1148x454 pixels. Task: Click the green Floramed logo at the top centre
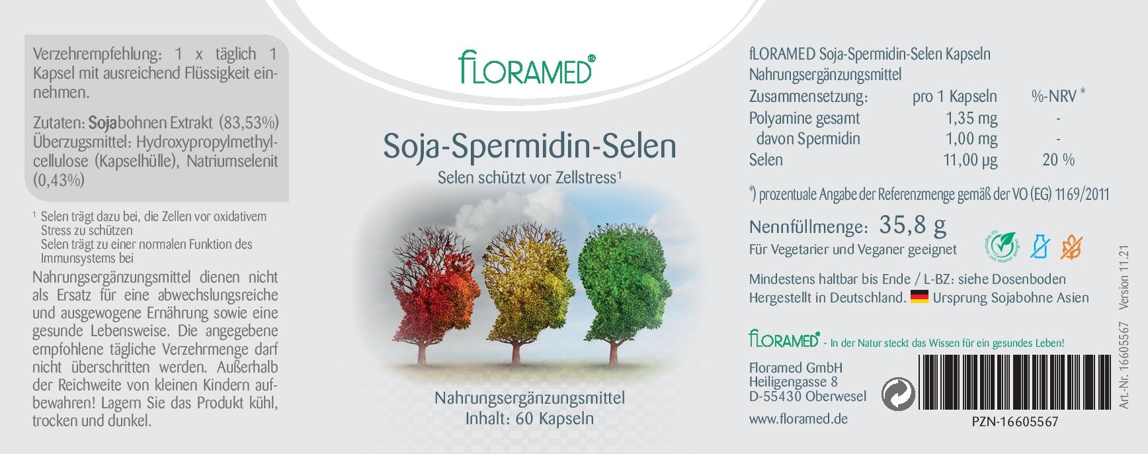tap(526, 68)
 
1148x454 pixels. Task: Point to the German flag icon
tap(919, 297)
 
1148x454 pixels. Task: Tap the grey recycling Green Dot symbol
tap(899, 394)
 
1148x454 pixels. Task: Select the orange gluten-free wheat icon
tap(1071, 247)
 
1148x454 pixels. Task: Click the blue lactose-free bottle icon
tap(1040, 247)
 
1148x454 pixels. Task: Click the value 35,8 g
tap(913, 226)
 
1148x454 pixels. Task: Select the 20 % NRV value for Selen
tap(1058, 159)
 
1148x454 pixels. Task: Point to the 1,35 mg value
tap(971, 118)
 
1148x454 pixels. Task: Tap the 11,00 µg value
tap(970, 160)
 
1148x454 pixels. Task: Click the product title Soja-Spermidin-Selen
tap(530, 146)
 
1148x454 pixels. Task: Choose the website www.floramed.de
tap(798, 419)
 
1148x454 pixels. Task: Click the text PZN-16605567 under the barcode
tap(1015, 422)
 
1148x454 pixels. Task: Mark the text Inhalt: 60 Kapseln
tap(529, 418)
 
